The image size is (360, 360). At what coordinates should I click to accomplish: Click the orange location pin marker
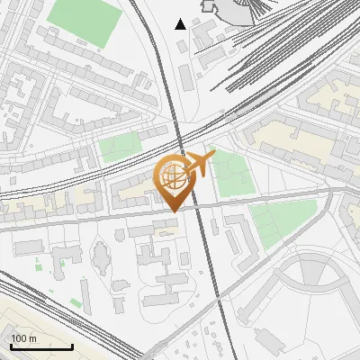[176, 181]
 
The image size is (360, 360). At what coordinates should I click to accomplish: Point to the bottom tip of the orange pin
[173, 211]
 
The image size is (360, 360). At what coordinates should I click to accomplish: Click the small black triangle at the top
[181, 23]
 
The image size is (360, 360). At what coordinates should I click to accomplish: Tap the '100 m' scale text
[24, 338]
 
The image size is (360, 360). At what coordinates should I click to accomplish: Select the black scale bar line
[41, 347]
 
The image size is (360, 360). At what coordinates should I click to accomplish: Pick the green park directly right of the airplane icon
[232, 173]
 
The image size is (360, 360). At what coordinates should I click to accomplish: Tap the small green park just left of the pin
[120, 147]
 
